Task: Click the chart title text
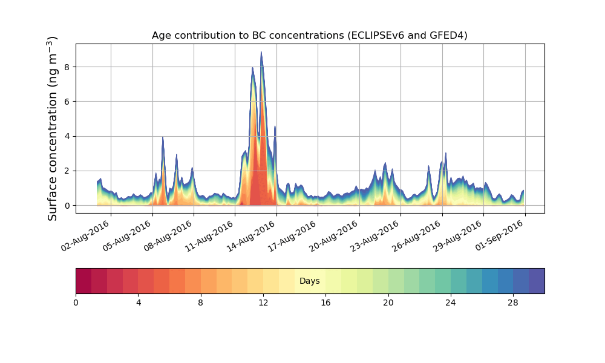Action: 309,36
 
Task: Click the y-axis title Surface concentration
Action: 53,128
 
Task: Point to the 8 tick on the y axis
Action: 67,67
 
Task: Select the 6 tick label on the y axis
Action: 67,102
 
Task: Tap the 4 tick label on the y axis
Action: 67,136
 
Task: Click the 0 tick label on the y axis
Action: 67,206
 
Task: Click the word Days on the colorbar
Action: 310,281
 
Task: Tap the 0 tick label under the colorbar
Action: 76,302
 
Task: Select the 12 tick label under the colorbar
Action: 263,302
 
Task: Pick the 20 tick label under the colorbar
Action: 388,302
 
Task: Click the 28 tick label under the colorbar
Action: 513,302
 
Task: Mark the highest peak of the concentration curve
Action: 261,52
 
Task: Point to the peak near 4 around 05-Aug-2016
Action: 163,137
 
